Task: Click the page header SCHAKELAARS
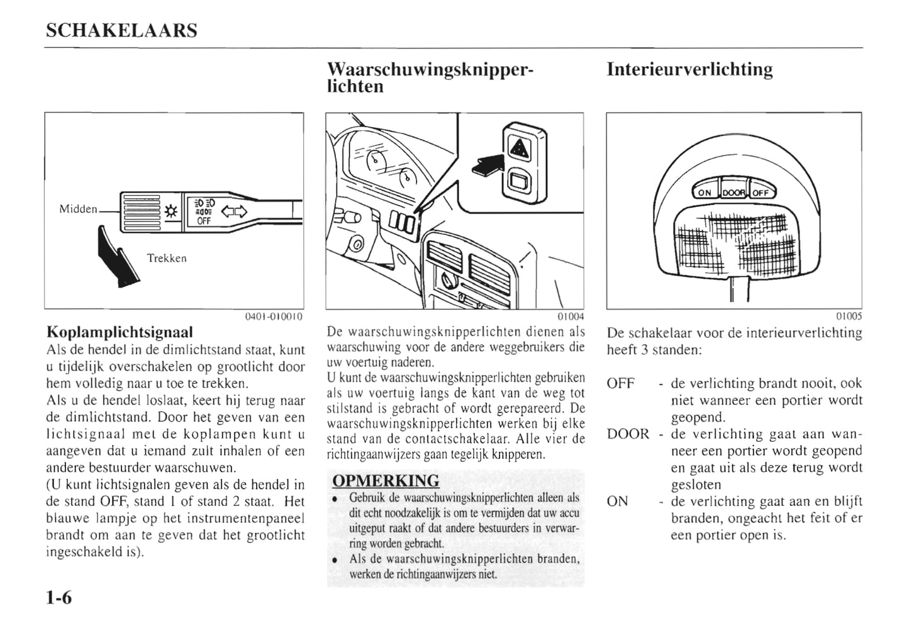pos(121,31)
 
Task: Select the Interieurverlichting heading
pos(689,69)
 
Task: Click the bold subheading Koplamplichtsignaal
pos(120,332)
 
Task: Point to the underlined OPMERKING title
pos(386,481)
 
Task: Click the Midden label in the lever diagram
pos(78,209)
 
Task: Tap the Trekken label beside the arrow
pos(167,258)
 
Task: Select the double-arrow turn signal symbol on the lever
pos(235,211)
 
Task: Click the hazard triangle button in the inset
pos(519,149)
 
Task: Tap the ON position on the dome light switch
pos(705,193)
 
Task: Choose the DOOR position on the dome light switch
pos(733,193)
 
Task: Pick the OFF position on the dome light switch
pos(761,193)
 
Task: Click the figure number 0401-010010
pos(274,317)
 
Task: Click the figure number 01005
pos(849,317)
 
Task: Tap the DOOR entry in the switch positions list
pos(628,434)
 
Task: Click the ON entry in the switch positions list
pos(618,502)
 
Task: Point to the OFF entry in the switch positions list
pos(621,383)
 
